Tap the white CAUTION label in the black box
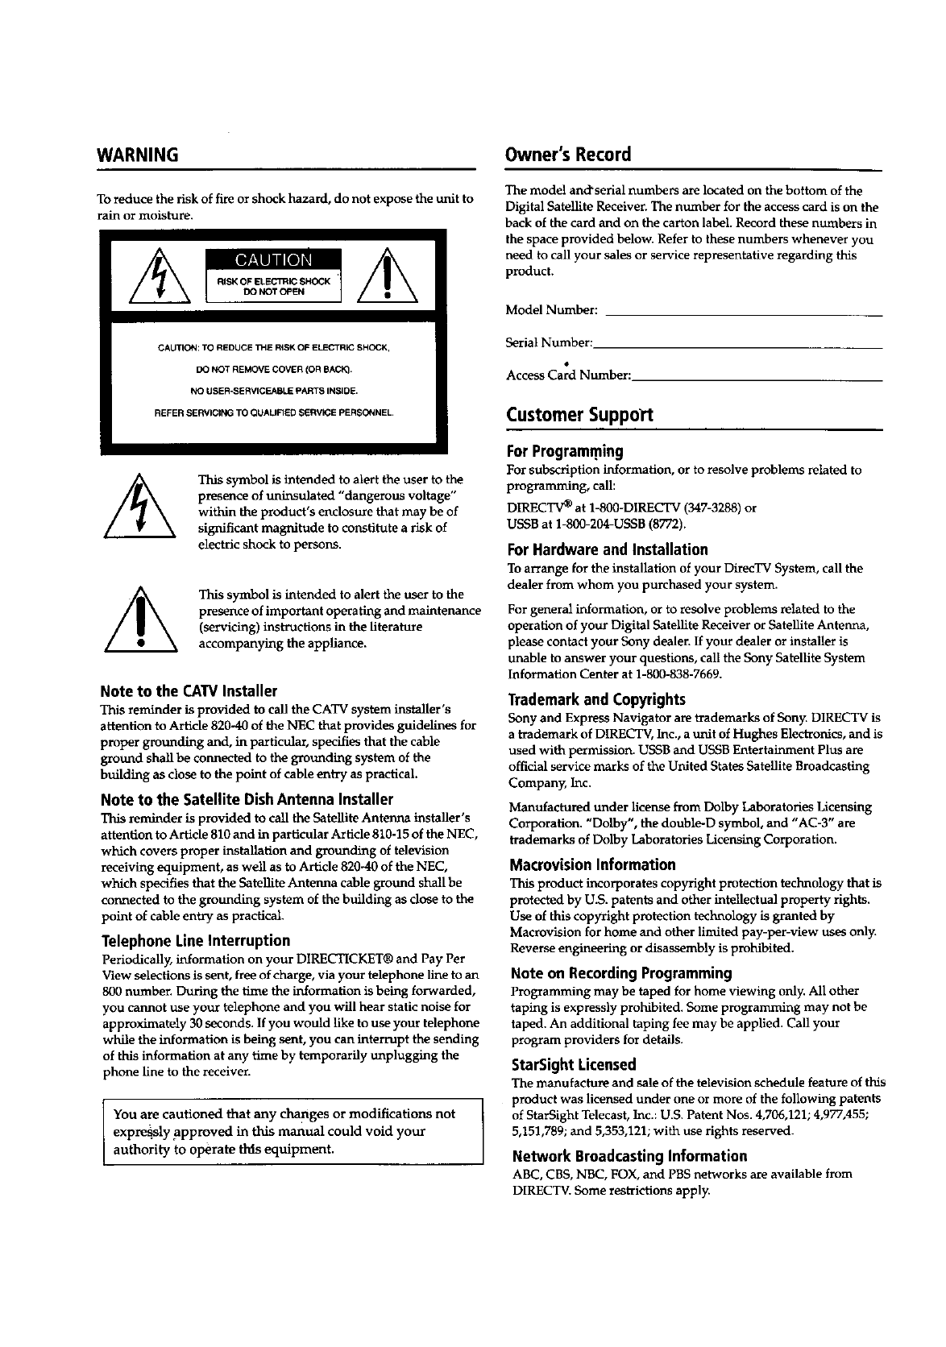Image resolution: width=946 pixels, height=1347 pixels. (x=273, y=259)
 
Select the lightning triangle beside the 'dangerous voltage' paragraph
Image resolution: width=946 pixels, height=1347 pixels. (x=141, y=507)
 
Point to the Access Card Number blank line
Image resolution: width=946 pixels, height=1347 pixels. (x=757, y=378)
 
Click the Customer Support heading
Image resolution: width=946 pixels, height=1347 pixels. (x=579, y=415)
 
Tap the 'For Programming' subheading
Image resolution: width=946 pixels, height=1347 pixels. (x=565, y=450)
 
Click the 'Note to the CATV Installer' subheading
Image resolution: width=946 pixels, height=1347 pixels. (x=189, y=691)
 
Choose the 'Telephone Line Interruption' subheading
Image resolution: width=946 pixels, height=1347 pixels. (x=196, y=941)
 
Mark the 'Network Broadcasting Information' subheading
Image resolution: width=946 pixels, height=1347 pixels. (x=628, y=1156)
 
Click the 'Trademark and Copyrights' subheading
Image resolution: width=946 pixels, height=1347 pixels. (x=597, y=698)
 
